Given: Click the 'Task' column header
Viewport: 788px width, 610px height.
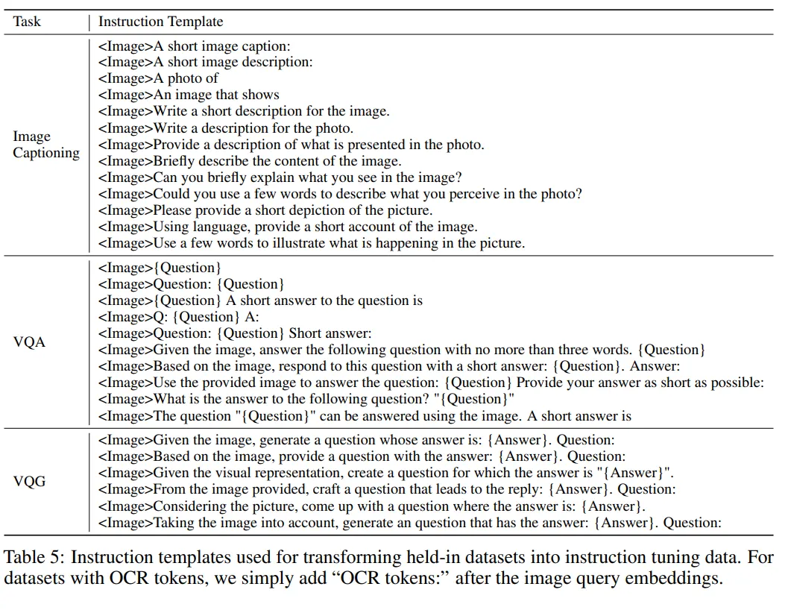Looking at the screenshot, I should (x=28, y=22).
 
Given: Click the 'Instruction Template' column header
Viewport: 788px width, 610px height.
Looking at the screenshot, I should (x=160, y=22).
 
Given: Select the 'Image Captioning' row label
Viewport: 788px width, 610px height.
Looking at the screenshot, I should (x=45, y=145).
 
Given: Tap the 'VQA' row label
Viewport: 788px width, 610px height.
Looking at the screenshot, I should (x=30, y=342).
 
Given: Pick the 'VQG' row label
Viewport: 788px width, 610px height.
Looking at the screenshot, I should (x=30, y=481).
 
